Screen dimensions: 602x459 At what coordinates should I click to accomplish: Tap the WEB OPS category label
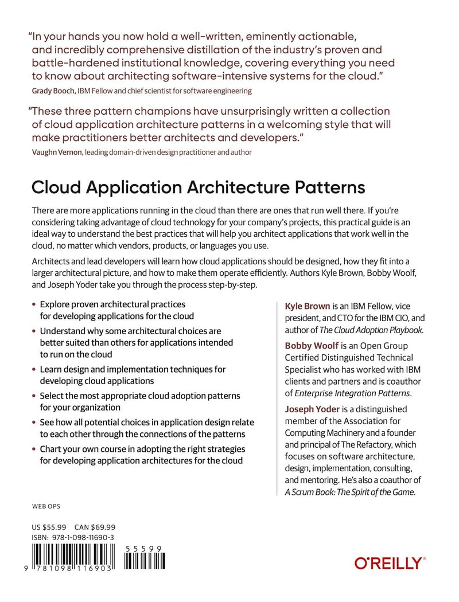pyautogui.click(x=46, y=507)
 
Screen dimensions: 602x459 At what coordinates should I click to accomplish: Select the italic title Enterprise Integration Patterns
pyautogui.click(x=352, y=393)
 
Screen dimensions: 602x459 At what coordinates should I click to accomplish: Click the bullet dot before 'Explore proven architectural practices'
pyautogui.click(x=34, y=305)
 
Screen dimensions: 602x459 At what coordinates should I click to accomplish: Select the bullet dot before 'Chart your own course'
pyautogui.click(x=34, y=449)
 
